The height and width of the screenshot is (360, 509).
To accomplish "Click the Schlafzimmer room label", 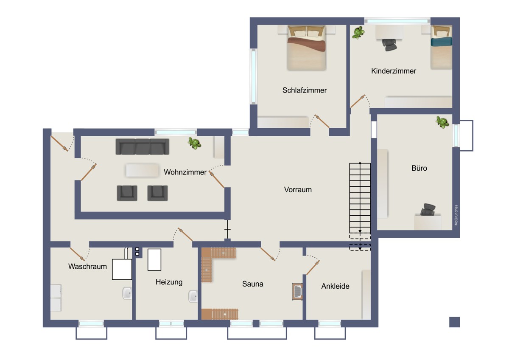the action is click(305, 90).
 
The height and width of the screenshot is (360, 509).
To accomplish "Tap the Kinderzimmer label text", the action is click(394, 71).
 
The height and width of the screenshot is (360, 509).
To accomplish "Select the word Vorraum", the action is click(298, 190).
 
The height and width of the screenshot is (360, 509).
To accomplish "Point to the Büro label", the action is click(419, 168).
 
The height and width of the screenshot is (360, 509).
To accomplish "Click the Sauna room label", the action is click(253, 284).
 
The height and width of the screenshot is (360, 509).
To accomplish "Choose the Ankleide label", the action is click(335, 286).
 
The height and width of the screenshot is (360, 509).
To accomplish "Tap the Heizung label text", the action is click(169, 282).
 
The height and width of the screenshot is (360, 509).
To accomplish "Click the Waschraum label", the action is click(87, 267).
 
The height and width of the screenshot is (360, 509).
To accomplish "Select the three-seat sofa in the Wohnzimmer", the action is click(143, 147).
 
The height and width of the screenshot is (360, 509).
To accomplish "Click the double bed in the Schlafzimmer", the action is click(307, 48).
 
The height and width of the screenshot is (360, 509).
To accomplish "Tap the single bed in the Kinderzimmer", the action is click(441, 47).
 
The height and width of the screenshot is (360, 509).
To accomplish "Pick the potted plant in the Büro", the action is click(442, 122).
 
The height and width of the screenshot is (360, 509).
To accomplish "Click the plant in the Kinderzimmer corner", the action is click(358, 33).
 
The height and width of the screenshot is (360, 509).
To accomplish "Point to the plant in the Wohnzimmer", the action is click(195, 143).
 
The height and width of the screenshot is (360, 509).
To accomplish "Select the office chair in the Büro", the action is click(428, 209).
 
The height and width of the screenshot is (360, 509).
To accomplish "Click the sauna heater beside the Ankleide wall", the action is click(297, 292).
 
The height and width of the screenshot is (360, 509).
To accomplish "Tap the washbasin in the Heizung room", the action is click(193, 296).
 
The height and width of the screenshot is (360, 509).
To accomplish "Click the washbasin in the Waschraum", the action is click(127, 293).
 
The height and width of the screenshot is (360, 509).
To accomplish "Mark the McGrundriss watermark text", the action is click(456, 215).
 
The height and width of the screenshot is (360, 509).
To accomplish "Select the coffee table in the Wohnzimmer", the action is click(143, 170).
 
